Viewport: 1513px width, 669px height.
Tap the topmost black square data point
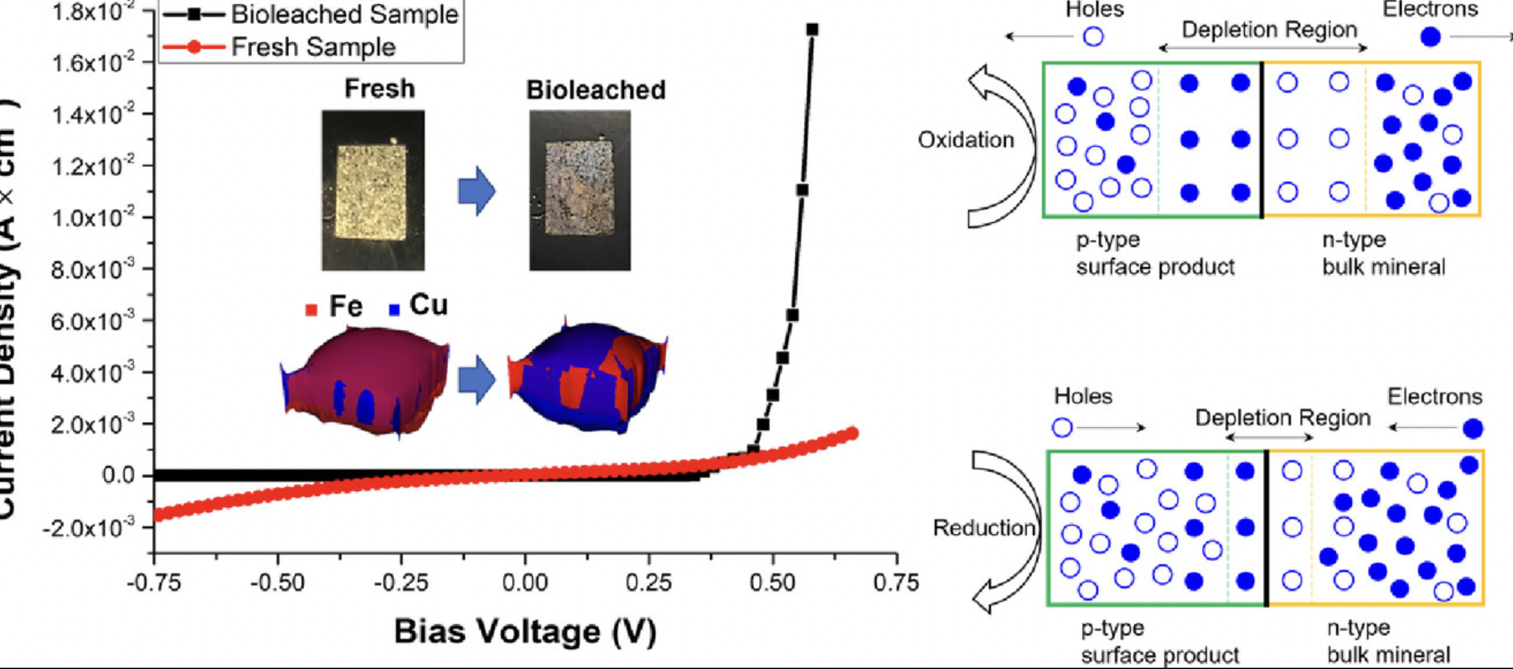pyautogui.click(x=812, y=29)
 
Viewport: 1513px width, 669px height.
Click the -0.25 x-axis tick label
pyautogui.click(x=401, y=582)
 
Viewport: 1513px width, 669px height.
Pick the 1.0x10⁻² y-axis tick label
pyautogui.click(x=92, y=218)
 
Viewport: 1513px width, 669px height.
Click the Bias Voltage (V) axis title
pyautogui.click(x=525, y=631)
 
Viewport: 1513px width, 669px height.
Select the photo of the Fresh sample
pyautogui.click(x=373, y=190)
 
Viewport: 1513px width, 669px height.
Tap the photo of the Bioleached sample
pyautogui.click(x=580, y=190)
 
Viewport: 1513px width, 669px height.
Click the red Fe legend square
pyautogui.click(x=312, y=310)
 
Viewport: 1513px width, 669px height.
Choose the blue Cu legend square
pyautogui.click(x=394, y=310)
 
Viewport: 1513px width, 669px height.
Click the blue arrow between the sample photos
pyautogui.click(x=477, y=191)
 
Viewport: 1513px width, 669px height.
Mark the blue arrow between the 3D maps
pyautogui.click(x=477, y=379)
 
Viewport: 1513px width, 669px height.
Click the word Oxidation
pyautogui.click(x=966, y=140)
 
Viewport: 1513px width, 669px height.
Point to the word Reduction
pyautogui.click(x=984, y=527)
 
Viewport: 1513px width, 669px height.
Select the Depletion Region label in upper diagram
pyautogui.click(x=1269, y=30)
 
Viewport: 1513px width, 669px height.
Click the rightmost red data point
pyautogui.click(x=853, y=433)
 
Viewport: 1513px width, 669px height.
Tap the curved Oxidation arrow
pyautogui.click(x=1003, y=146)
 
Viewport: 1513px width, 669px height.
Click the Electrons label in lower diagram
pyautogui.click(x=1434, y=396)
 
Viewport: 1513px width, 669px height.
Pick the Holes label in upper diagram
pyautogui.click(x=1095, y=9)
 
